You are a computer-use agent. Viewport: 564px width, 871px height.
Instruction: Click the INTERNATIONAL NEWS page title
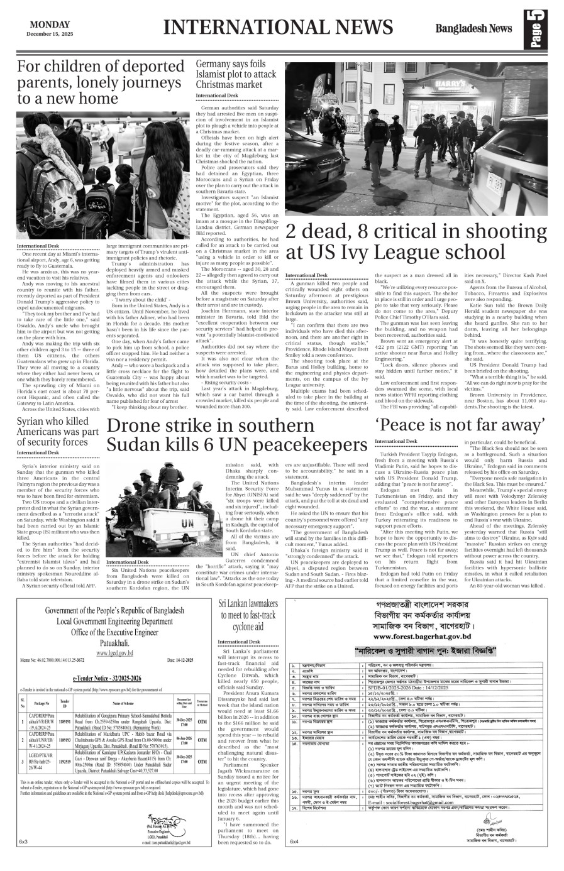277,28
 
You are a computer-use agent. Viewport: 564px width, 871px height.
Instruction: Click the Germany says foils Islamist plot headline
236,74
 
